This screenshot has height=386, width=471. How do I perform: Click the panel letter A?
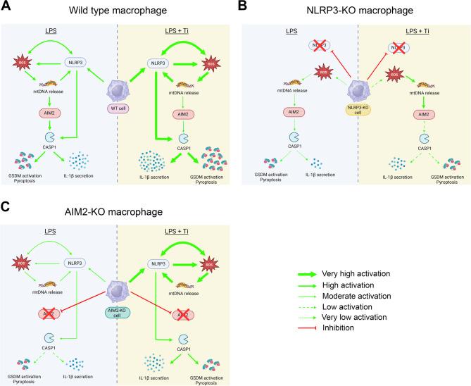[6, 6]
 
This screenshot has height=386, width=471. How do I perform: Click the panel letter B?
[242, 6]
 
